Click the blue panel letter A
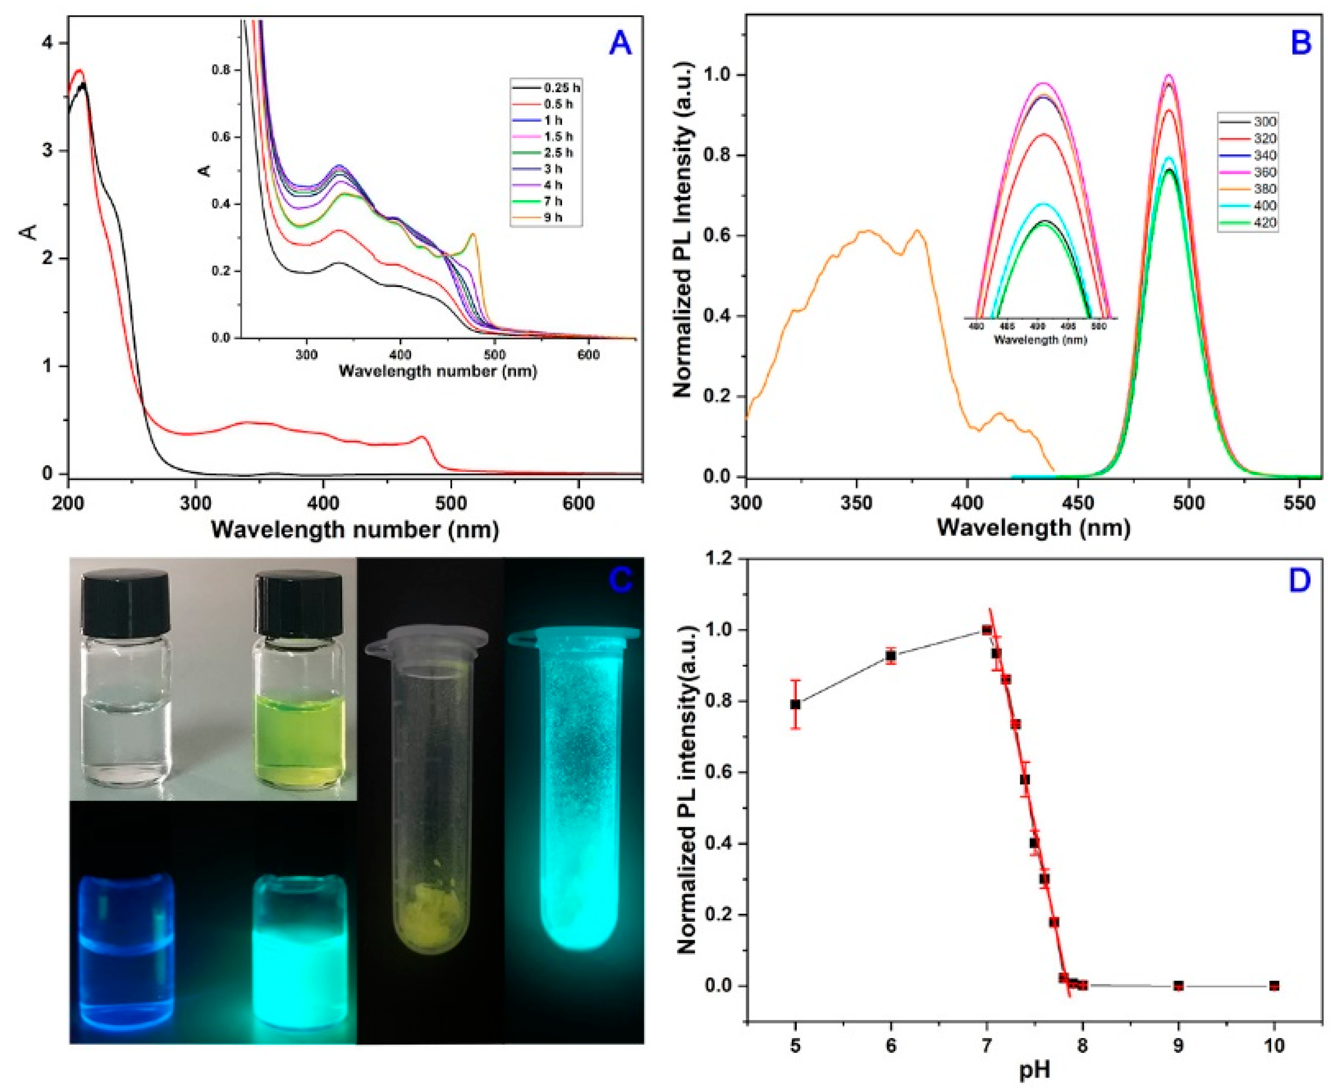620,43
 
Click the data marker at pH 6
891,656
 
